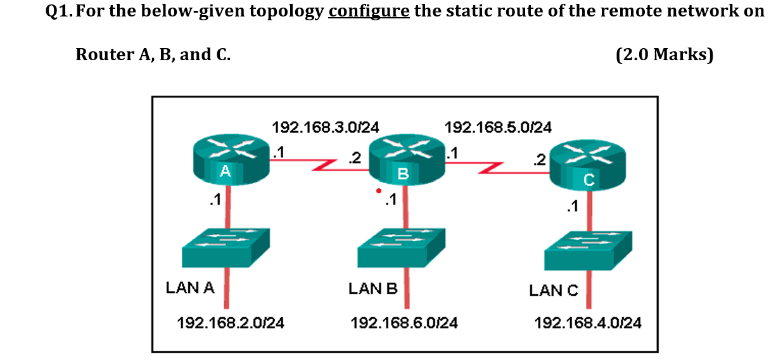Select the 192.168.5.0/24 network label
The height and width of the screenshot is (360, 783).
498,127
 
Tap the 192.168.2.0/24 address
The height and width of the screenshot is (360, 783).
231,323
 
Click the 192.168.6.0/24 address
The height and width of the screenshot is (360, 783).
404,323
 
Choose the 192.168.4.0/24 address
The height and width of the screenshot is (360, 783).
588,323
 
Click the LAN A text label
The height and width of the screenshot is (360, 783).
190,288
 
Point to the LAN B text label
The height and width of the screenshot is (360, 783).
373,289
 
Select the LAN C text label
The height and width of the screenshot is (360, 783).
554,290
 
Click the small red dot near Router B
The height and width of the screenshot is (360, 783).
379,190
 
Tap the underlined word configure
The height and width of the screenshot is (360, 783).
369,11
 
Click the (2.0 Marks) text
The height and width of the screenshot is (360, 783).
665,55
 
